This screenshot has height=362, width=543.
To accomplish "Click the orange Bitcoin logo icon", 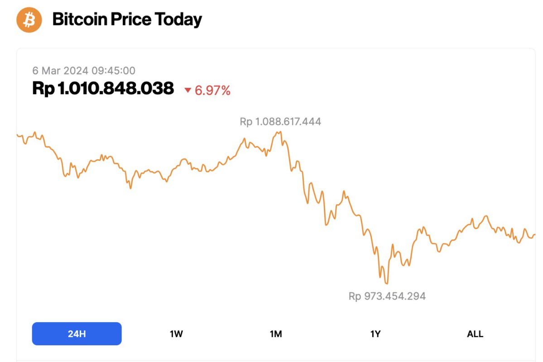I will tap(29, 19).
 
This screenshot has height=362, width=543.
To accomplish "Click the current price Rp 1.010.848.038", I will tap(103, 88).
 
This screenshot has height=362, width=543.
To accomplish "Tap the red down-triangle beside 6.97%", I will tap(188, 90).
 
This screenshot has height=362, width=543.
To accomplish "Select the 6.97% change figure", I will tap(213, 90).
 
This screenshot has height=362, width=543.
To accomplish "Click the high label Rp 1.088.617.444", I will tap(280, 122).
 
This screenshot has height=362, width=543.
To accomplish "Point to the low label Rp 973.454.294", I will tap(387, 296).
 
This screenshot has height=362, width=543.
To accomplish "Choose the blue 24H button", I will tap(77, 334).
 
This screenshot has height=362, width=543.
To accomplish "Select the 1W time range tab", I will tap(176, 334).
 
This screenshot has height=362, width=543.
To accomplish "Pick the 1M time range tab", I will tap(276, 334).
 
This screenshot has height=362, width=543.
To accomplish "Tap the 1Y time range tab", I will tap(375, 334).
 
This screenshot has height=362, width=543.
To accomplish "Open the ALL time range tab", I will tap(475, 334).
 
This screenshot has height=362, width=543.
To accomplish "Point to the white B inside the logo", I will tap(29, 20).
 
